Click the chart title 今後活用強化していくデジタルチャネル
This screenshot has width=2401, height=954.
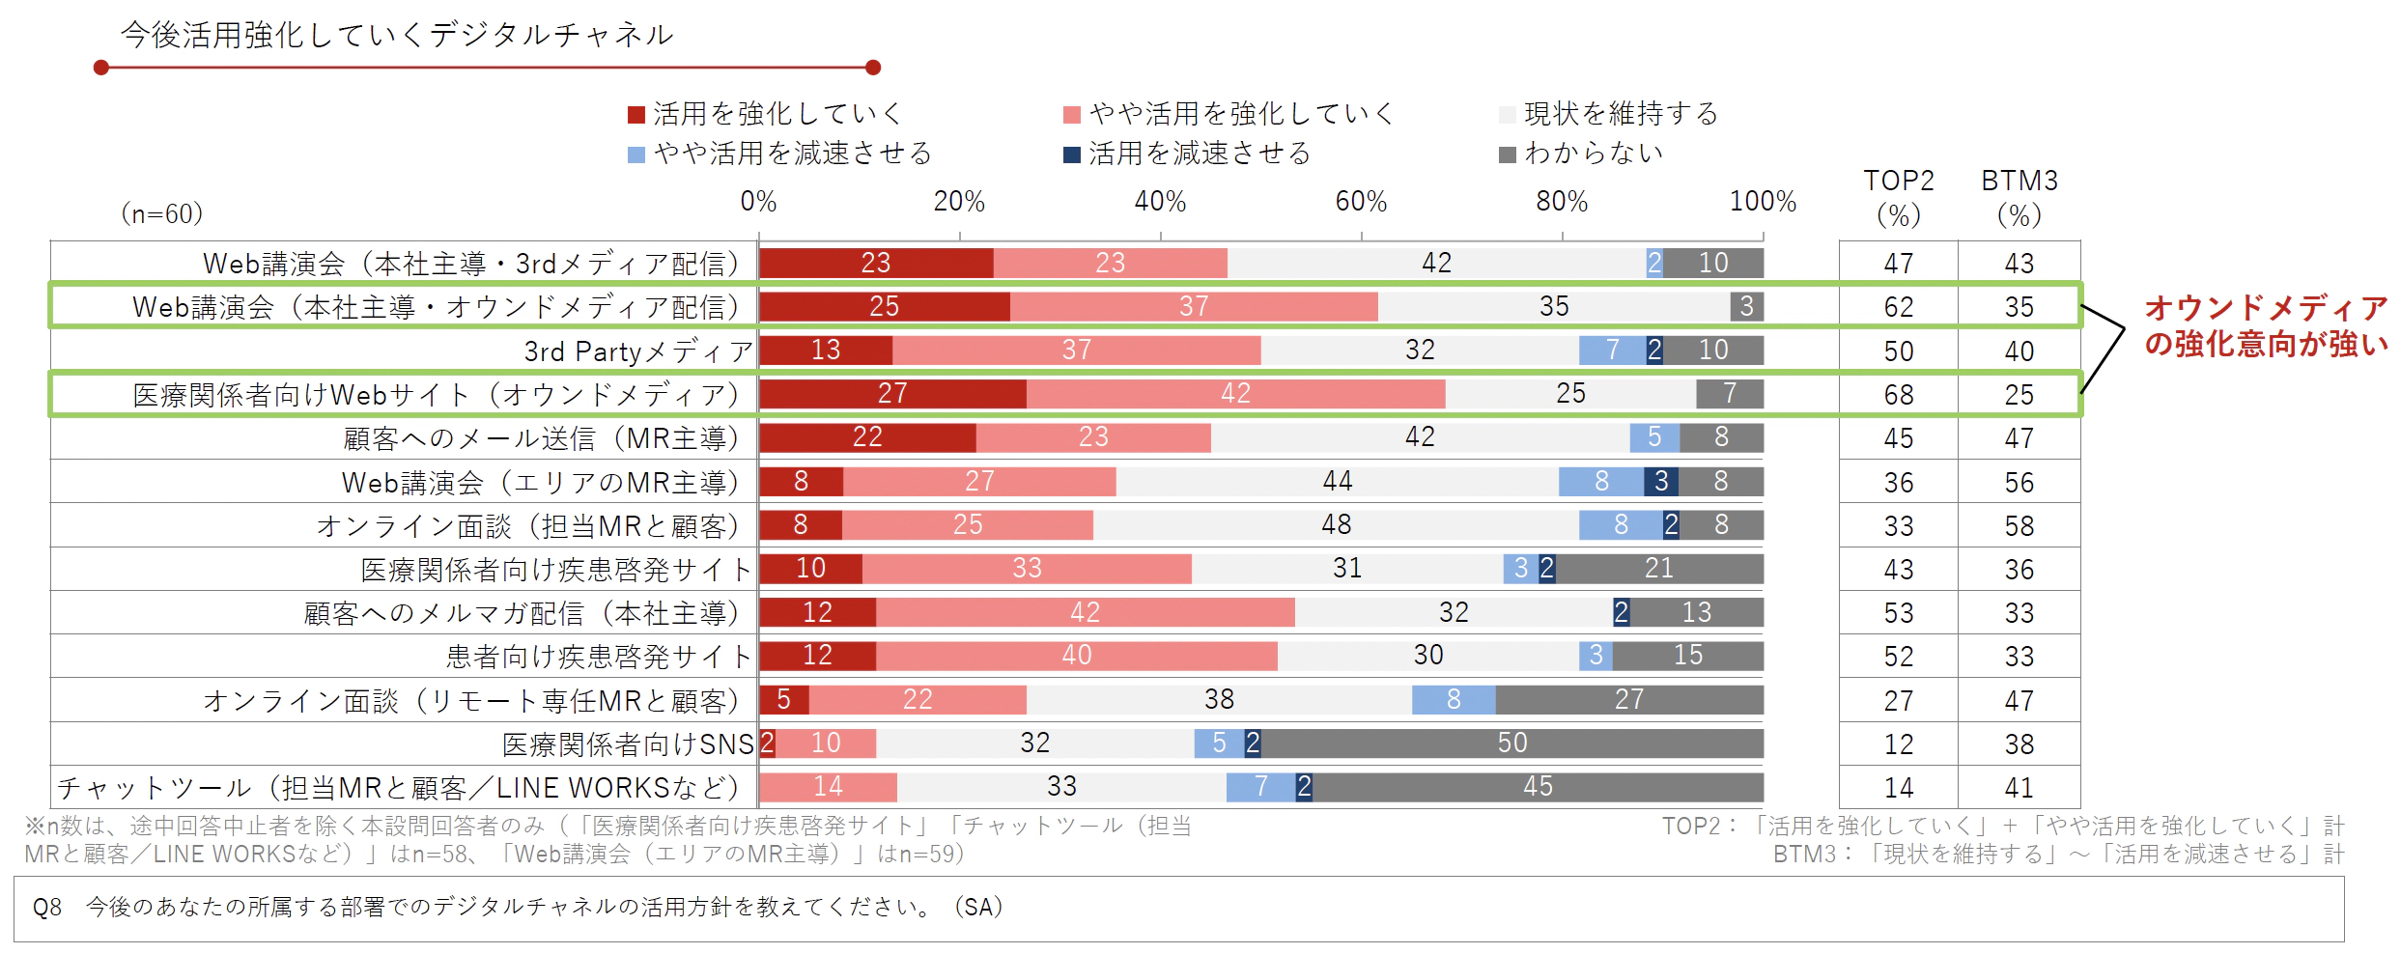pos(396,36)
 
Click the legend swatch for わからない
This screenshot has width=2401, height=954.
pos(1507,154)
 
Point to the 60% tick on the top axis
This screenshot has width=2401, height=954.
pos(1361,202)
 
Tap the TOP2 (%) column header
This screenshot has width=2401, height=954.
pos(1898,197)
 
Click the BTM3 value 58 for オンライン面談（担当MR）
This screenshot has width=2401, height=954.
pos(2019,526)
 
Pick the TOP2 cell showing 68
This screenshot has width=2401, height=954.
pos(1898,395)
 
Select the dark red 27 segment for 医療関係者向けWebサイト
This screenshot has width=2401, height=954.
pos(892,393)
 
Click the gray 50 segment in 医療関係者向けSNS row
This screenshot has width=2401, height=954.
pos(1511,743)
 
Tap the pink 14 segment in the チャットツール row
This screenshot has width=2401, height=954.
pos(828,787)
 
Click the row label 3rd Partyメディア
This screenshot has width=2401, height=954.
pos(637,351)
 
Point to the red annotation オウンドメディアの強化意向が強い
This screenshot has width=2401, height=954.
pos(2265,325)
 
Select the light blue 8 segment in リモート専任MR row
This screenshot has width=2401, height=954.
pos(1454,699)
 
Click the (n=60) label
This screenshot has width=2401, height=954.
pos(161,213)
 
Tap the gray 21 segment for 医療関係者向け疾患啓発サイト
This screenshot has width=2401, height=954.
pos(1658,568)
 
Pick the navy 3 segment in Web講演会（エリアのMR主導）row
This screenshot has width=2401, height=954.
pos(1661,481)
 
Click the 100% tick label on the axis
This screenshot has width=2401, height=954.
pos(1762,202)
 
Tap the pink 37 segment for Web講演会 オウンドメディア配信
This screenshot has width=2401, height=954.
pos(1194,306)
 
